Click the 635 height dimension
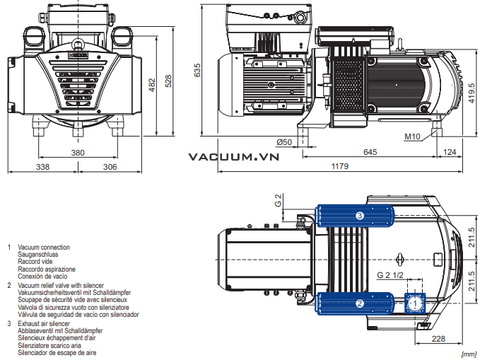(x=197, y=70)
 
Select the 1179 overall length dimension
(x=340, y=166)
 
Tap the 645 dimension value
(x=370, y=152)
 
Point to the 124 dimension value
(x=450, y=152)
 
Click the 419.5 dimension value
(x=471, y=93)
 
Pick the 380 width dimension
(x=78, y=153)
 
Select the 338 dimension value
(x=42, y=167)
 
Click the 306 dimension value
(x=110, y=167)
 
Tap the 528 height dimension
(x=168, y=81)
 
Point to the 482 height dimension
(x=152, y=85)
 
